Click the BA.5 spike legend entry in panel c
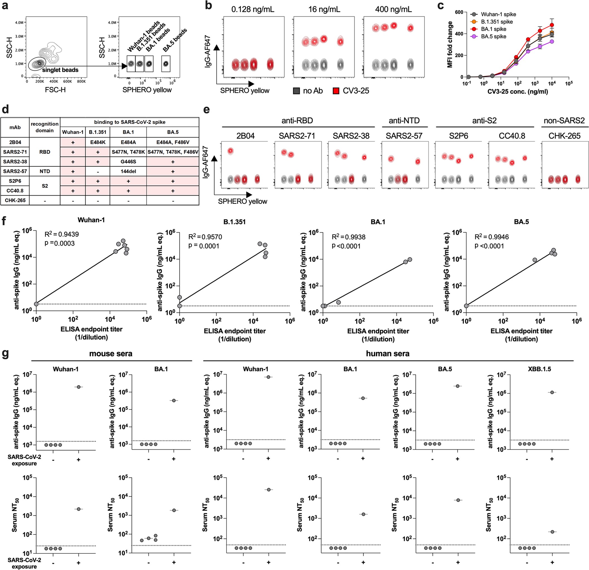tap(493, 37)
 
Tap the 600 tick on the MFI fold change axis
tap(459, 12)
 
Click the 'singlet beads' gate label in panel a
tap(60, 70)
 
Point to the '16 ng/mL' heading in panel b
tap(324, 9)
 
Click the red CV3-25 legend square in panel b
tap(336, 91)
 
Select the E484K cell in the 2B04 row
tap(98, 142)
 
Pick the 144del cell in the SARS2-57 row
tap(128, 171)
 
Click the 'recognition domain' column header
tap(45, 127)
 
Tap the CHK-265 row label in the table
tap(15, 200)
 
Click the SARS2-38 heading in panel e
tap(351, 136)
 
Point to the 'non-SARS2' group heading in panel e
tap(564, 121)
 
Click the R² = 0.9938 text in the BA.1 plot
tap(349, 237)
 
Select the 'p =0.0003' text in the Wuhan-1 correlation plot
tap(60, 243)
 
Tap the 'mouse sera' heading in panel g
tap(111, 354)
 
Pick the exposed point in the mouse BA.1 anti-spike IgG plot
tap(174, 400)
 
